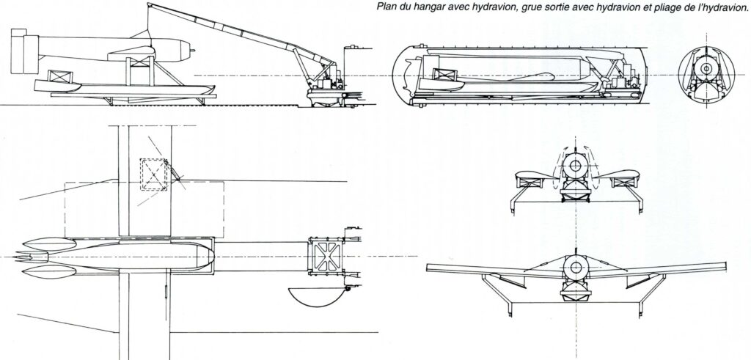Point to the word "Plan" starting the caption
385,7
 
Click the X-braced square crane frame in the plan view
326,256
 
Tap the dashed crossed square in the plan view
153,175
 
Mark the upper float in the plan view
49,243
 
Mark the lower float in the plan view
49,273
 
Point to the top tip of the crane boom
148,4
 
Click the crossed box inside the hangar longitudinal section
445,76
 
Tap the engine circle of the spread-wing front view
575,268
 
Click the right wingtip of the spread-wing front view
725,266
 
